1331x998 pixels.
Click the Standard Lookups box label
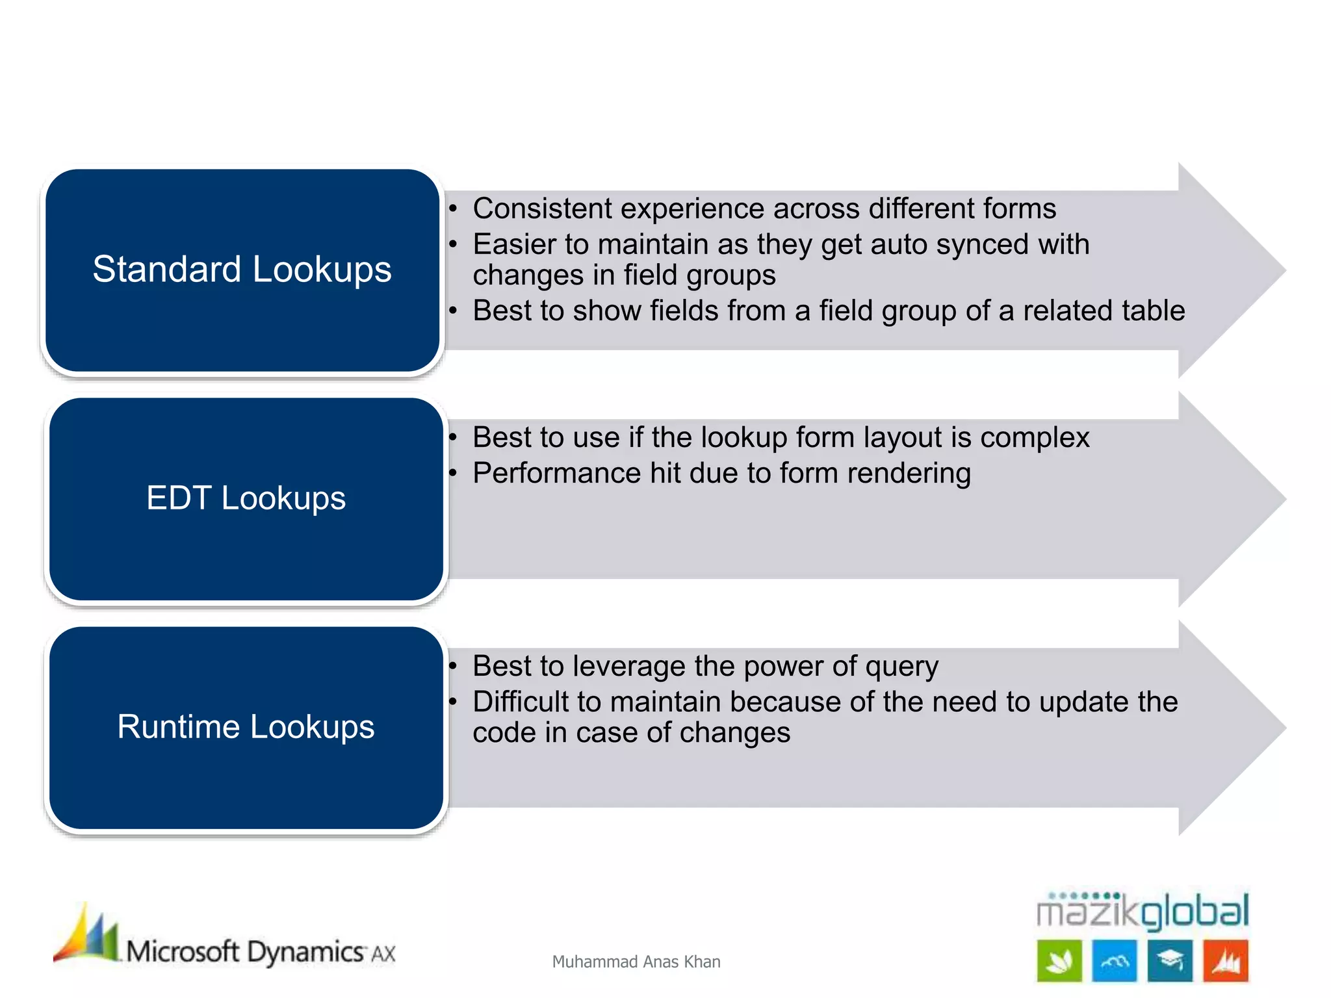click(x=242, y=269)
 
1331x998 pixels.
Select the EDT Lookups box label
click(x=246, y=498)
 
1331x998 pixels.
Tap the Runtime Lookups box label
click(x=246, y=726)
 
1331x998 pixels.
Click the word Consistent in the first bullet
click(x=542, y=209)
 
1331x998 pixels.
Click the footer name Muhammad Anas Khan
click(x=636, y=962)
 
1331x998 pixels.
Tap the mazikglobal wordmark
click(x=1142, y=911)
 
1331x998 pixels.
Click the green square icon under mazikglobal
click(x=1059, y=960)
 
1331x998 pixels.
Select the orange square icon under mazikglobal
click(x=1225, y=960)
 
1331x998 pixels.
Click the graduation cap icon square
click(x=1170, y=960)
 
